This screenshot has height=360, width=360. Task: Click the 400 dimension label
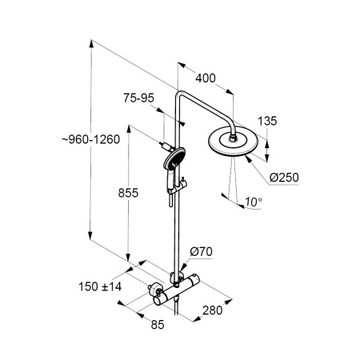(x=206, y=78)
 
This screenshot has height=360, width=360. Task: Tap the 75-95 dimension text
(x=138, y=98)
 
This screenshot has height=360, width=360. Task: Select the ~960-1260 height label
(x=91, y=139)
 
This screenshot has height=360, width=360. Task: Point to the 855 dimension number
(x=128, y=193)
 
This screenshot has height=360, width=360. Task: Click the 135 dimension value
(x=267, y=121)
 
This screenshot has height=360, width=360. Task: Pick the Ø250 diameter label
(x=284, y=178)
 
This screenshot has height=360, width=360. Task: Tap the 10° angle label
(x=254, y=202)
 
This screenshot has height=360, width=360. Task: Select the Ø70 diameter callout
(x=201, y=251)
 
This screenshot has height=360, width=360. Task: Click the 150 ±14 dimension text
(x=100, y=287)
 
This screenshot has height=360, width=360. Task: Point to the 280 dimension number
(x=212, y=310)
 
